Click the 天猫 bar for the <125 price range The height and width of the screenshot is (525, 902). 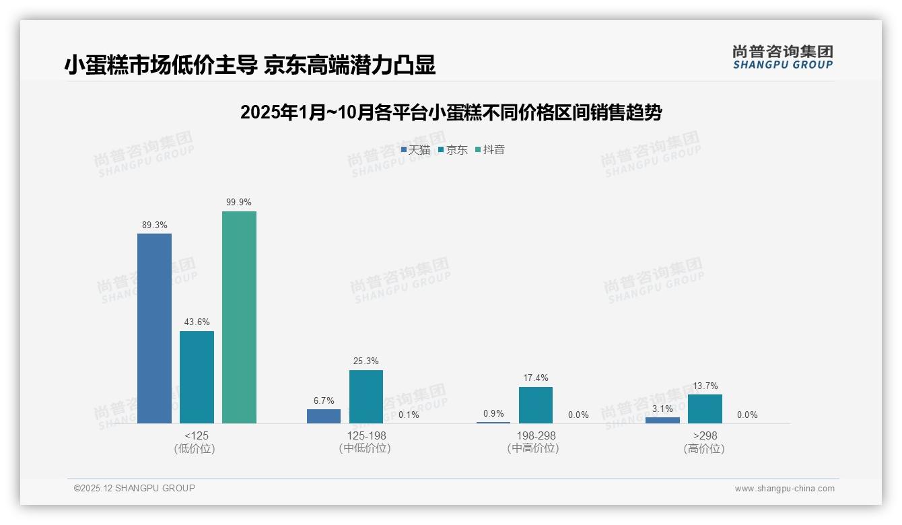(x=154, y=328)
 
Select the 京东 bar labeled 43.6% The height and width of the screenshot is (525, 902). (x=197, y=377)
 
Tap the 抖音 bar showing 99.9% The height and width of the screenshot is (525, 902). (x=239, y=317)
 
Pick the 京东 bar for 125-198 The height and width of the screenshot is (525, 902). (x=366, y=396)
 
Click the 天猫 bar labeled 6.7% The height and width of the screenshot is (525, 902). (x=324, y=416)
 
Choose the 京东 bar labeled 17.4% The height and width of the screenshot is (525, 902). (x=535, y=405)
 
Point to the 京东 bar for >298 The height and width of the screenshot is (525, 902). (x=705, y=409)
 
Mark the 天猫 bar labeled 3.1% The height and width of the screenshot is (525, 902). (x=662, y=420)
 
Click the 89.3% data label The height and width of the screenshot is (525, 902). (x=154, y=225)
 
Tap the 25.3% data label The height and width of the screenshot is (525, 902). (x=366, y=361)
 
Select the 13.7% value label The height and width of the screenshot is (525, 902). (x=705, y=386)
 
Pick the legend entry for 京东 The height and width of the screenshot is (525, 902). (x=452, y=150)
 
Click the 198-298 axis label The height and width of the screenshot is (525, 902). (x=536, y=435)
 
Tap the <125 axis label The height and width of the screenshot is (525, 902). (x=196, y=435)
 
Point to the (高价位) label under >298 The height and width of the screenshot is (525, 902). (x=704, y=449)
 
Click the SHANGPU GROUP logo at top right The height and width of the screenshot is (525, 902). (x=782, y=57)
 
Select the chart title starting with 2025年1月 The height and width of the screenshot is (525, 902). (x=450, y=112)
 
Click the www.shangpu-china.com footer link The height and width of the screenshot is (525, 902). (x=784, y=489)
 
